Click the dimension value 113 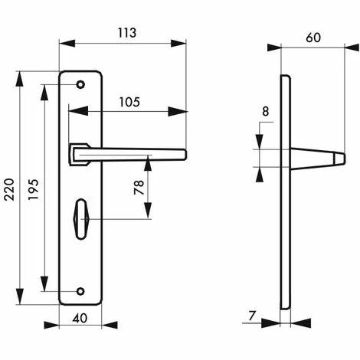[x=127, y=33]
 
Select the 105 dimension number [x=129, y=102]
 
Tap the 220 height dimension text [x=10, y=189]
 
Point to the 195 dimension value [x=33, y=189]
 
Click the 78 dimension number [x=139, y=188]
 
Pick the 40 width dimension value [x=80, y=318]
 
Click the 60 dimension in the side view [x=313, y=38]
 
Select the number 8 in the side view [x=266, y=112]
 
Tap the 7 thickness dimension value [x=252, y=316]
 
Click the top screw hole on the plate [x=80, y=84]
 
